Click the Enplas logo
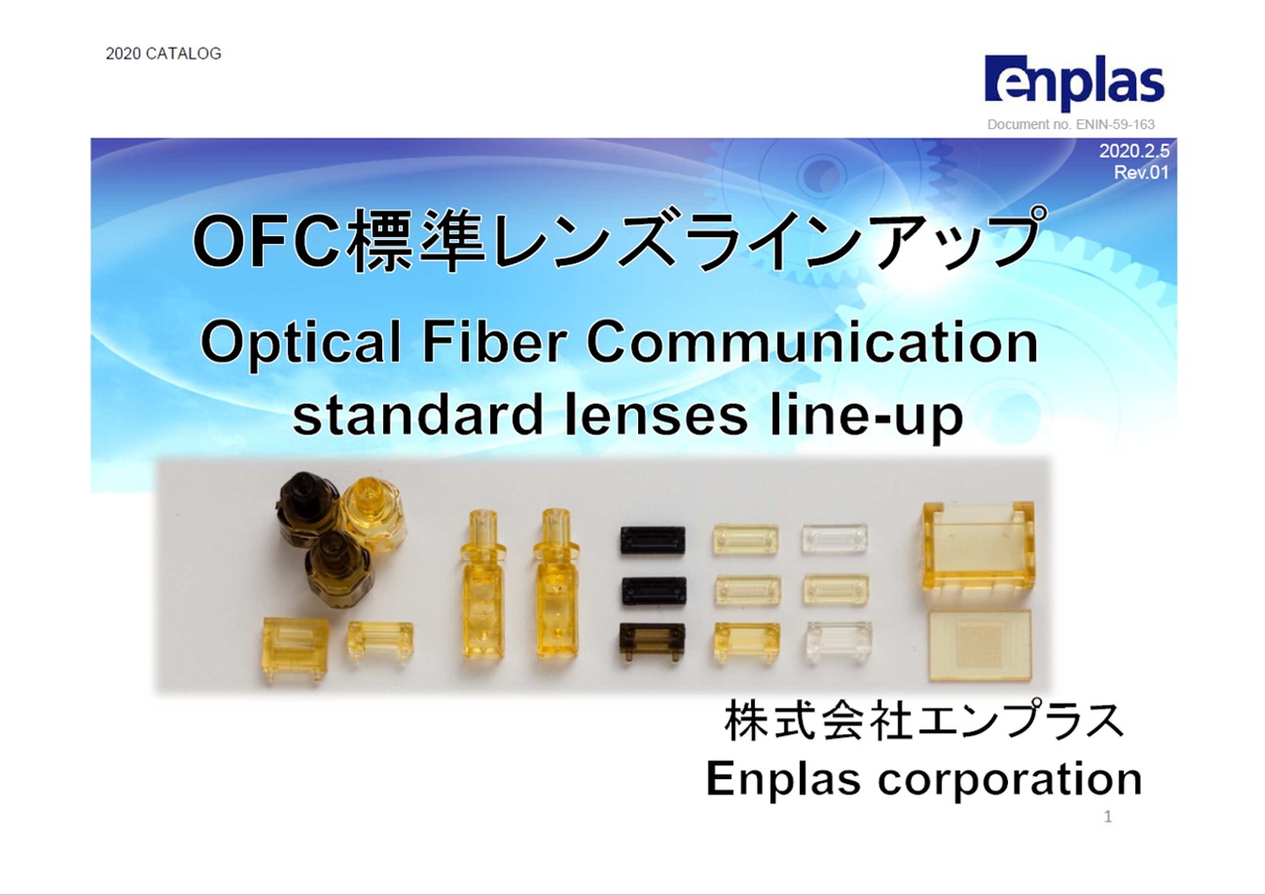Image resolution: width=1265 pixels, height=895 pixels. [x=1074, y=82]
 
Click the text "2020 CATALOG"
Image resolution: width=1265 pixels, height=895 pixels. [x=163, y=54]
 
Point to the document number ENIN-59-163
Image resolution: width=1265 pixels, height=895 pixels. [x=1070, y=124]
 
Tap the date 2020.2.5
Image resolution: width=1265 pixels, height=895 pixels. [x=1133, y=152]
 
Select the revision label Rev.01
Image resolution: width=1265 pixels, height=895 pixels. [x=1141, y=172]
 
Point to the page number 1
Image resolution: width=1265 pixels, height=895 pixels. [x=1108, y=817]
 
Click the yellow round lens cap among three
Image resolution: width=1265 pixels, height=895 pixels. [x=372, y=508]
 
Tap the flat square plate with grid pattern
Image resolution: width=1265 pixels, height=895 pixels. [x=979, y=645]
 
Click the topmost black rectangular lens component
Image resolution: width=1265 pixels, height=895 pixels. [x=652, y=541]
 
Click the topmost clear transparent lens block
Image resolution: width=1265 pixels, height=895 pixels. [x=834, y=539]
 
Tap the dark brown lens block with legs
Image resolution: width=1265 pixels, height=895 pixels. [x=650, y=643]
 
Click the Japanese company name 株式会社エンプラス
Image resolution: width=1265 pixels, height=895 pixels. [x=923, y=723]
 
